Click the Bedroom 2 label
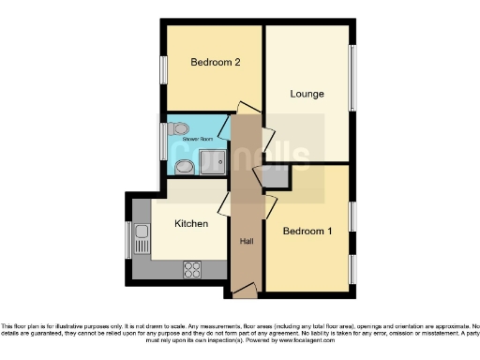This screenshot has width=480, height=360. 216,63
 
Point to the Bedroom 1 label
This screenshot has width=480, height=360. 307,231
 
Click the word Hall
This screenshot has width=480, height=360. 247,242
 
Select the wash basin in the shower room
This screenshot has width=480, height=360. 184,167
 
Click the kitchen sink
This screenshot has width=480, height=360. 141,239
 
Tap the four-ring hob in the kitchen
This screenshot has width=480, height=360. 193,269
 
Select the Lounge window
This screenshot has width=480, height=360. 353,81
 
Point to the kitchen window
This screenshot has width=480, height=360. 129,238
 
